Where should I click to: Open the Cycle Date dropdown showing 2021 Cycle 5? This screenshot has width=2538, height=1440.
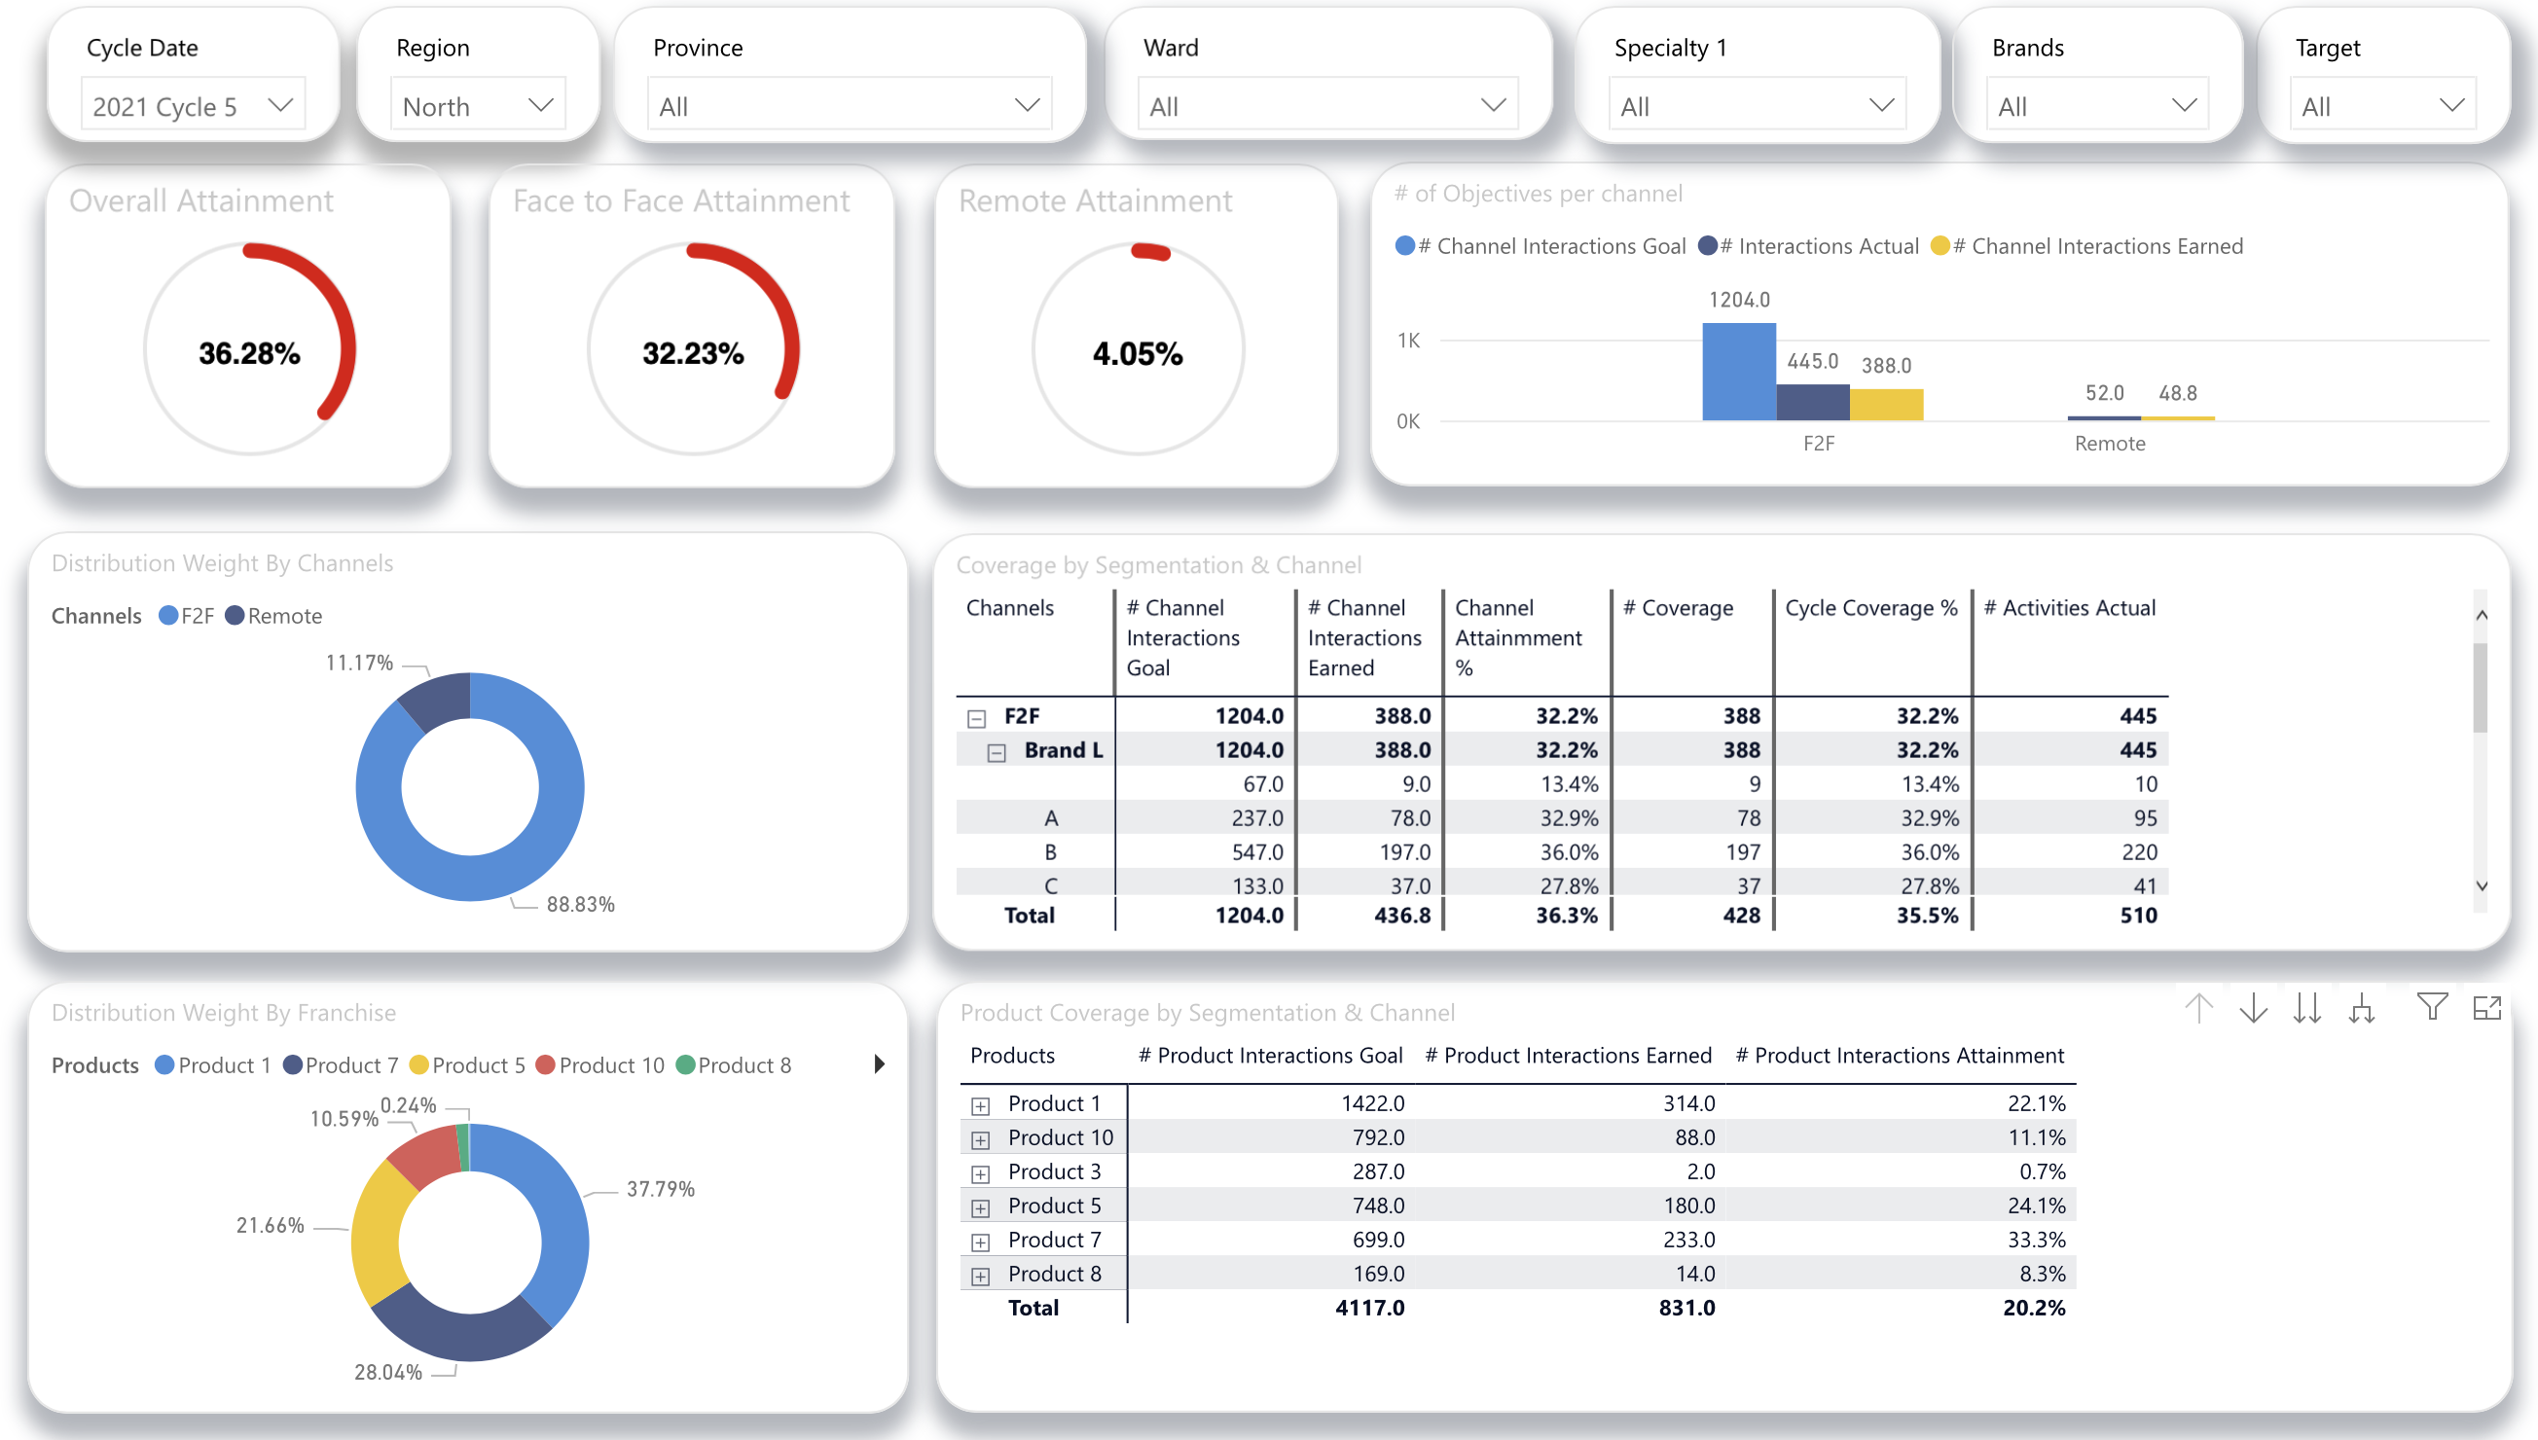click(193, 106)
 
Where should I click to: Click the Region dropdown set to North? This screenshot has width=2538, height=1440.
click(478, 106)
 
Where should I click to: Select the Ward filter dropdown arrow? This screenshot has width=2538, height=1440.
click(1492, 105)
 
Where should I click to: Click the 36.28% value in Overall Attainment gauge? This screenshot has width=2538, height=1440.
click(249, 353)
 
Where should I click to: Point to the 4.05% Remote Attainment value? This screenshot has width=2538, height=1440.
click(1137, 353)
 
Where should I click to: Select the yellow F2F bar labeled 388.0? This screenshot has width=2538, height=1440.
click(1885, 405)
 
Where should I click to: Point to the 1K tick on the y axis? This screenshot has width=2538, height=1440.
click(1407, 341)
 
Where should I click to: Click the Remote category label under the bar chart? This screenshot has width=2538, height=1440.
click(2109, 444)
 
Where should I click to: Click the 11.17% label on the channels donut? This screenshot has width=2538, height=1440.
click(359, 663)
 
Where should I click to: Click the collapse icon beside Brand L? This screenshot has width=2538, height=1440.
click(996, 753)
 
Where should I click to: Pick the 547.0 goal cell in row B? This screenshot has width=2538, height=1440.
click(1256, 851)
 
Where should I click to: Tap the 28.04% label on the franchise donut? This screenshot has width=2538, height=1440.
click(387, 1372)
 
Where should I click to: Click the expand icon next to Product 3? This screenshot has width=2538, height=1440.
click(979, 1174)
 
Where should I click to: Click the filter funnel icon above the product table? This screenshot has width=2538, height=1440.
click(2431, 1007)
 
